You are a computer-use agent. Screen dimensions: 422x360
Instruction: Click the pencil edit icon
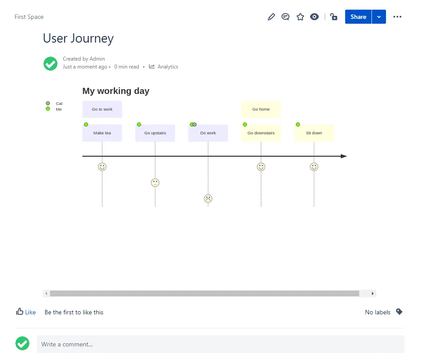[x=271, y=17]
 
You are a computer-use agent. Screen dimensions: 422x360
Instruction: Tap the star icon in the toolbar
[x=300, y=17]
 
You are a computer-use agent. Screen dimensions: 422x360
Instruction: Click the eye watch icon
[x=314, y=17]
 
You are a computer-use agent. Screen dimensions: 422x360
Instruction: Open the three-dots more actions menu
[x=397, y=17]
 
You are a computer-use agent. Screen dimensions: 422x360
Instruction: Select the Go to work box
[x=102, y=109]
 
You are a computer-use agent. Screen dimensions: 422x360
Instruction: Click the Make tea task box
[x=102, y=133]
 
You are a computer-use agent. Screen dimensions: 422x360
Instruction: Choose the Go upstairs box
[x=155, y=133]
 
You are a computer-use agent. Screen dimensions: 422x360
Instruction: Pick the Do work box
[x=208, y=133]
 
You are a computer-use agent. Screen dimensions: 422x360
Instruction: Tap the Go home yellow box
[x=261, y=109]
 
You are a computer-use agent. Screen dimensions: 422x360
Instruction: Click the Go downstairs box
[x=261, y=133]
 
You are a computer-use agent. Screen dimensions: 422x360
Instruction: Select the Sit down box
[x=314, y=133]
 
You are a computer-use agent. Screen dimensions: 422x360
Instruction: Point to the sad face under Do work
[x=208, y=198]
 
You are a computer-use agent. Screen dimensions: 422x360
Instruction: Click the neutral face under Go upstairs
[x=155, y=183]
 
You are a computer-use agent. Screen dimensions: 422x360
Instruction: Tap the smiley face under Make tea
[x=102, y=167]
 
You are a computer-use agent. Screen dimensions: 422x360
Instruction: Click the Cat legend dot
[x=48, y=103]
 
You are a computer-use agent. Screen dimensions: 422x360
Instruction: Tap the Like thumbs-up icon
[x=20, y=312]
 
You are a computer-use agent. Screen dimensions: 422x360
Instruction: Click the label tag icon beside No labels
[x=399, y=312]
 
